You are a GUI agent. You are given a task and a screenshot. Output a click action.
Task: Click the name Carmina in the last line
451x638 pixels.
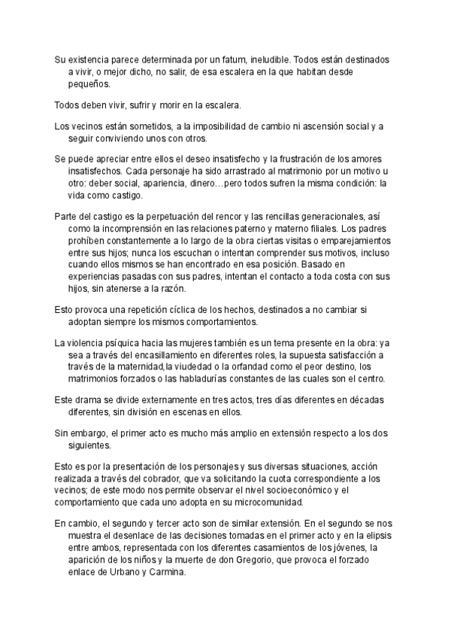pyautogui.click(x=162, y=572)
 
